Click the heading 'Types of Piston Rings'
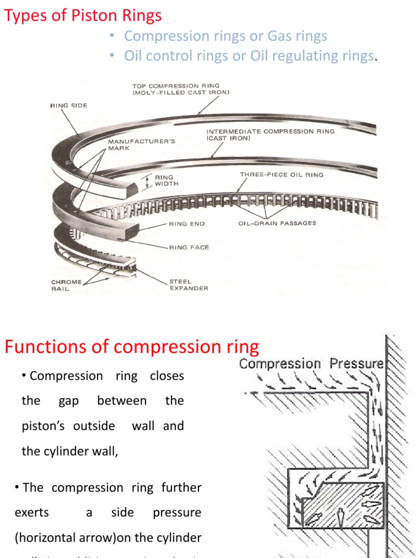[x=83, y=15]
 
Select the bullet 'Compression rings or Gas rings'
[x=225, y=36]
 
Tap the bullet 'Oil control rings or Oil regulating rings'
[x=249, y=56]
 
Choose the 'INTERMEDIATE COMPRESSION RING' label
[x=270, y=135]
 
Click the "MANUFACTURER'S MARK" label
[x=141, y=144]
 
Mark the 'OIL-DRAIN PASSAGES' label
[x=277, y=223]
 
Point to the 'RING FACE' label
[x=189, y=247]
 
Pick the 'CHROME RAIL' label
[x=67, y=285]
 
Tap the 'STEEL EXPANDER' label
[x=188, y=285]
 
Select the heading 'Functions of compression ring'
[x=132, y=347]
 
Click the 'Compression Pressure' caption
[x=312, y=363]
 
